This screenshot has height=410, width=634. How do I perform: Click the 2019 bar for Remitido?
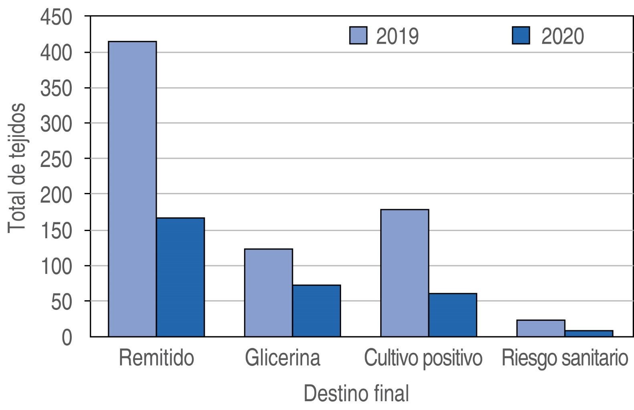pos(132,189)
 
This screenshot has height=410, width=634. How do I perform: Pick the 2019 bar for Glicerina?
pos(269,293)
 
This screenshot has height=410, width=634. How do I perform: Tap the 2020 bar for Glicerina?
pos(317,311)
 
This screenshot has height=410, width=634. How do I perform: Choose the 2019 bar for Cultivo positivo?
pos(405,273)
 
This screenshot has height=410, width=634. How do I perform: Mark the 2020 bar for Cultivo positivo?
pos(453,315)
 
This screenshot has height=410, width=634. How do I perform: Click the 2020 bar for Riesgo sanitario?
pos(589,334)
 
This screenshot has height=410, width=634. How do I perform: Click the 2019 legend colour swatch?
pos(358,36)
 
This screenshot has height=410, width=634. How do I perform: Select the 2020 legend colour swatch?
pos(521,36)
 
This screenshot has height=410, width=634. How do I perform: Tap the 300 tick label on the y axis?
pos(56,123)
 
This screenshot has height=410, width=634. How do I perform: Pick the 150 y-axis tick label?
pos(56,230)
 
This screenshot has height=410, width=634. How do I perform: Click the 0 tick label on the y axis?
pos(67,337)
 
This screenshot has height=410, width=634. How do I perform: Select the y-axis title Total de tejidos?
pos(17,168)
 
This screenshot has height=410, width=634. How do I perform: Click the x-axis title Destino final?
pos(356,393)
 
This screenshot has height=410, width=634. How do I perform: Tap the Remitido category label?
pos(156,358)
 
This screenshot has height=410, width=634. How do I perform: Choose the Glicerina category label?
pos(283,358)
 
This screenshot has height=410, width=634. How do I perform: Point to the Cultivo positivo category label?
pos(423,358)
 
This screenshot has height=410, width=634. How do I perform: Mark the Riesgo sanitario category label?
pos(565,358)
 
